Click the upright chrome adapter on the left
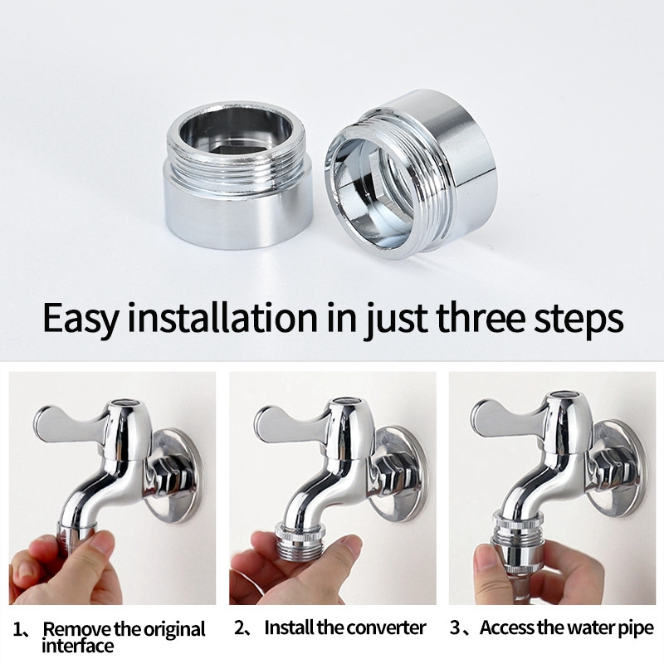tap(237, 176)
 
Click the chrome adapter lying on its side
tap(410, 173)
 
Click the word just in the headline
tap(396, 319)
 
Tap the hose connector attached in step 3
tap(517, 542)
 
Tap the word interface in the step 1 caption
tap(77, 647)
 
